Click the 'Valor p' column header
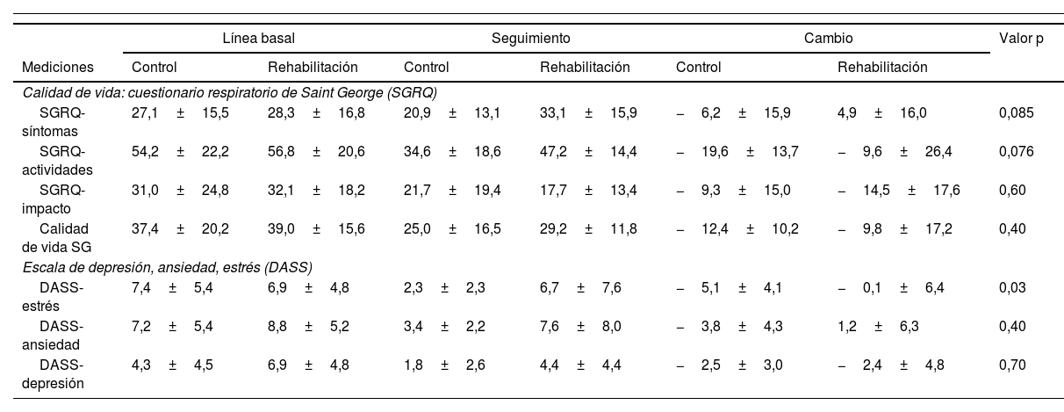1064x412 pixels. [x=1015, y=39]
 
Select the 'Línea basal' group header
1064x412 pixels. [x=258, y=39]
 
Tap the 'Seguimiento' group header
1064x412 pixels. [x=530, y=39]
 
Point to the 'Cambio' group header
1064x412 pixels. [x=828, y=39]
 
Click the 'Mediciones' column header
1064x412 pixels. [x=58, y=67]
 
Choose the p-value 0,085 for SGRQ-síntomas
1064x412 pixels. [x=1017, y=112]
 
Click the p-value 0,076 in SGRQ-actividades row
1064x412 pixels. [x=1017, y=151]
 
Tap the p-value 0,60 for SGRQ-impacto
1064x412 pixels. [x=1012, y=190]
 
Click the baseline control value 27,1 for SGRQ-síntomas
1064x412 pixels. [x=144, y=112]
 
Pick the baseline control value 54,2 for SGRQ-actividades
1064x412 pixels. [x=145, y=151]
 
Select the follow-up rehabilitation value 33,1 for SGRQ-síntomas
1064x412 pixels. [x=552, y=112]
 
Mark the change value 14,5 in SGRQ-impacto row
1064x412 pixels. [x=875, y=190]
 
